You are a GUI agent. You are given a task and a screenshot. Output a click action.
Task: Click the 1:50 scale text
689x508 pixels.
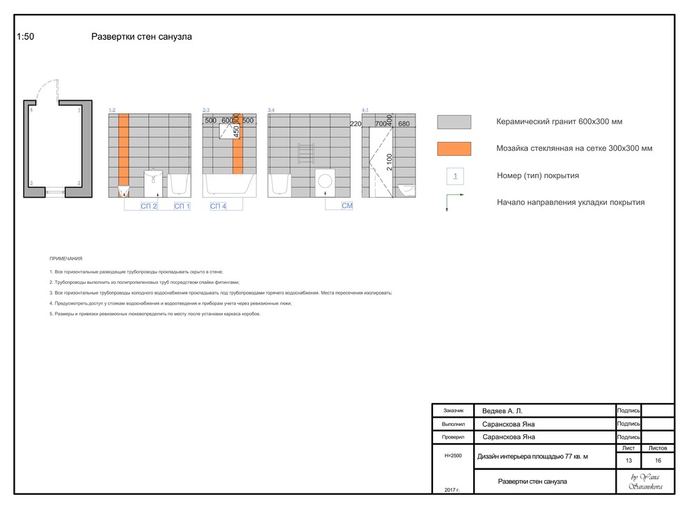click(25, 37)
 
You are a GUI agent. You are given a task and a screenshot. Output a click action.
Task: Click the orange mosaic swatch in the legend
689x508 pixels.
click(454, 148)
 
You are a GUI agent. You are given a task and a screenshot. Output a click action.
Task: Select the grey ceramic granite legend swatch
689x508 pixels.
click(454, 122)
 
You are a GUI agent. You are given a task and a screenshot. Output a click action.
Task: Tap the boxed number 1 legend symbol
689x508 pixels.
click(455, 176)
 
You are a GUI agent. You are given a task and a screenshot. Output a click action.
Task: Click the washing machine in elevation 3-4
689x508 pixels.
click(324, 180)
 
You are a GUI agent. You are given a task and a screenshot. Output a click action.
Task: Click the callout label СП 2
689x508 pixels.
click(149, 207)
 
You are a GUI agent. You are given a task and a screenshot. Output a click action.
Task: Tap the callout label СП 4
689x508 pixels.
click(219, 207)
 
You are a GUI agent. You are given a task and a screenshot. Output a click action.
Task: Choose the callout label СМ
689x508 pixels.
click(347, 207)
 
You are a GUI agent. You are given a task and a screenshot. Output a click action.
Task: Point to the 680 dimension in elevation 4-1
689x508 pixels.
click(404, 124)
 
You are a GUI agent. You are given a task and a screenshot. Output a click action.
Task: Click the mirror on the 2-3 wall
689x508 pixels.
click(229, 132)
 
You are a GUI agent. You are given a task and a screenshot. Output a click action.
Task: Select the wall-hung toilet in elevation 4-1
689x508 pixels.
click(408, 189)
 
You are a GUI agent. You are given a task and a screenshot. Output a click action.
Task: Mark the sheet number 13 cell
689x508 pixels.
click(628, 461)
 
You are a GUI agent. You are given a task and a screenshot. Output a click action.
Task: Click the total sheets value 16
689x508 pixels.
click(658, 461)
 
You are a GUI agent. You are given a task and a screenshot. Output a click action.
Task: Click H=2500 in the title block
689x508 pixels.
click(452, 455)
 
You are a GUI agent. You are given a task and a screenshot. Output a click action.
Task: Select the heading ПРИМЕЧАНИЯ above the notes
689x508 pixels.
click(66, 258)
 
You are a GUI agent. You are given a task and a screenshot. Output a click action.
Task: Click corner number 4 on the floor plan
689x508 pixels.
click(31, 110)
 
